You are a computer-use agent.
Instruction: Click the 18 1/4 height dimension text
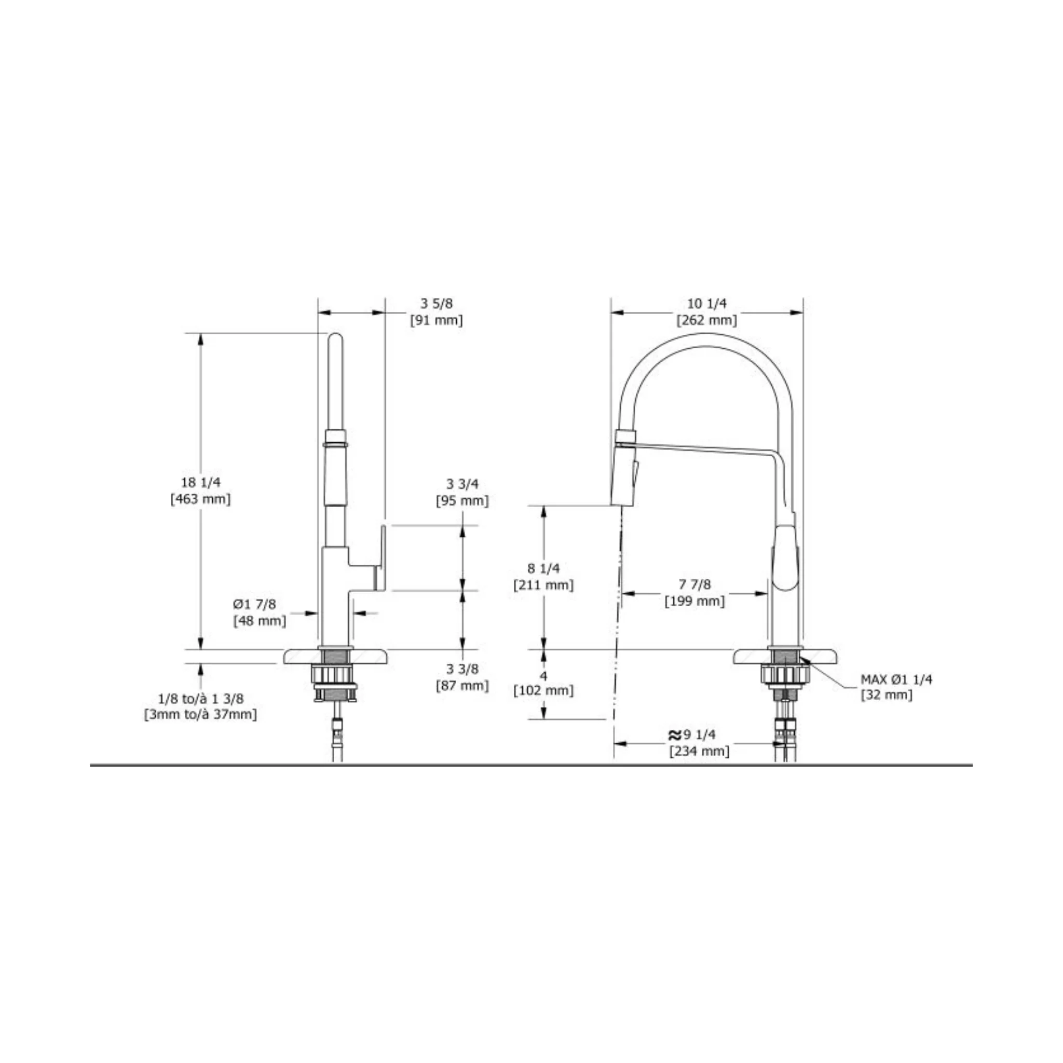[x=201, y=483]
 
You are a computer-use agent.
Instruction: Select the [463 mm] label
[x=201, y=499]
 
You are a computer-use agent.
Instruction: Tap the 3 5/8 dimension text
[x=437, y=303]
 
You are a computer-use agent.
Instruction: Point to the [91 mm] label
[x=437, y=320]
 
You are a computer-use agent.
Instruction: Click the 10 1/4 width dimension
[x=706, y=303]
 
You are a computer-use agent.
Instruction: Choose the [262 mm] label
[x=706, y=320]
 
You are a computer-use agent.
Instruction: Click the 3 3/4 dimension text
[x=462, y=484]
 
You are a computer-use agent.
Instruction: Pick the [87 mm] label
[x=462, y=686]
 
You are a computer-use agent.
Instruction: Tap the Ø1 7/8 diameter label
[x=254, y=604]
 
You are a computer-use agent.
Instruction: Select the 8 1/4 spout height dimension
[x=543, y=568]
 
